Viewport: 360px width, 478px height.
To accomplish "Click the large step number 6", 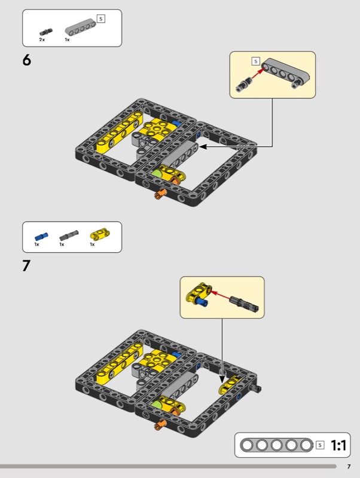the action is click(27, 60).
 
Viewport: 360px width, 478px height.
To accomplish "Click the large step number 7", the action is click(26, 265).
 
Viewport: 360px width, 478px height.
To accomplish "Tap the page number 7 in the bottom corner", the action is click(349, 467).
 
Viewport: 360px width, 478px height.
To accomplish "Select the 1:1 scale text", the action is click(338, 445).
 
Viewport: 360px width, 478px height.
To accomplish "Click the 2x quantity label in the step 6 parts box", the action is click(42, 39).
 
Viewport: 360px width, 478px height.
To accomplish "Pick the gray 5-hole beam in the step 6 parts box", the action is click(81, 27).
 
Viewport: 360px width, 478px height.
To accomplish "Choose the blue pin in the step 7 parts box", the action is click(41, 237).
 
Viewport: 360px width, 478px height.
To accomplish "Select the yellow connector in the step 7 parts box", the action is click(100, 234).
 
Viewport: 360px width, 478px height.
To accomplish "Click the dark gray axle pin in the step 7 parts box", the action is click(69, 235).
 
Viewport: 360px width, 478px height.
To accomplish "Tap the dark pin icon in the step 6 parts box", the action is click(46, 32).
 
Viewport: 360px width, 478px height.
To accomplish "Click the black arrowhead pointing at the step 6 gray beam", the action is click(203, 147).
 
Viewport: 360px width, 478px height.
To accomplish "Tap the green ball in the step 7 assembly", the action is click(157, 405).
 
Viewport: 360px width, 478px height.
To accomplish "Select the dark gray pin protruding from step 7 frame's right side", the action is click(256, 388).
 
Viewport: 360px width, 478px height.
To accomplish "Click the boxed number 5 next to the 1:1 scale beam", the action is click(320, 445).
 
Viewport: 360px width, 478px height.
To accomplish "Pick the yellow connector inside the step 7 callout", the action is click(199, 292).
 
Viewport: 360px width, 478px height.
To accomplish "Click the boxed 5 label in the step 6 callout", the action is click(256, 62).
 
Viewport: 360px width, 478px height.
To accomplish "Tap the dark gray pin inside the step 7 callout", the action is click(245, 304).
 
